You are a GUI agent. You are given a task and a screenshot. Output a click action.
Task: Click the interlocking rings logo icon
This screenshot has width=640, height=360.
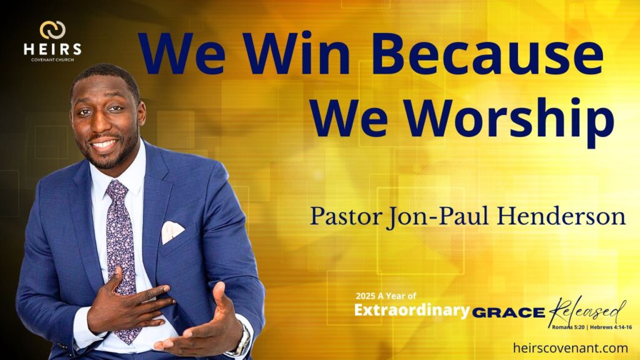coord(52,30)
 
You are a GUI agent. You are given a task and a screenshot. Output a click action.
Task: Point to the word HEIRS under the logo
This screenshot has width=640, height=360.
coord(52,49)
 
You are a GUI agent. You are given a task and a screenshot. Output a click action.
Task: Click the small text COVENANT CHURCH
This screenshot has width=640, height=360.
coord(52,60)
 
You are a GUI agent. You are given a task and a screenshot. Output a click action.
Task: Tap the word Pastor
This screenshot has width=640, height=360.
coord(345,216)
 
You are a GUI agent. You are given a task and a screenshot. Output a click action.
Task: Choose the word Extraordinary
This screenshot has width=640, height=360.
coord(412,310)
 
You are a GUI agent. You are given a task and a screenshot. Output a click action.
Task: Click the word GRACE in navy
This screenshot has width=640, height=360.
coord(509,312)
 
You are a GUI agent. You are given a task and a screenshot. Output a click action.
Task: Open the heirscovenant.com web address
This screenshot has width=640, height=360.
coord(570,347)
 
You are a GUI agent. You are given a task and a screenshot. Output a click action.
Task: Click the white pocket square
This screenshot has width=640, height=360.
coord(172,231)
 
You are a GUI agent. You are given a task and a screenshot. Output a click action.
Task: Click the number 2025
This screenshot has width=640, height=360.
coord(365,296)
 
